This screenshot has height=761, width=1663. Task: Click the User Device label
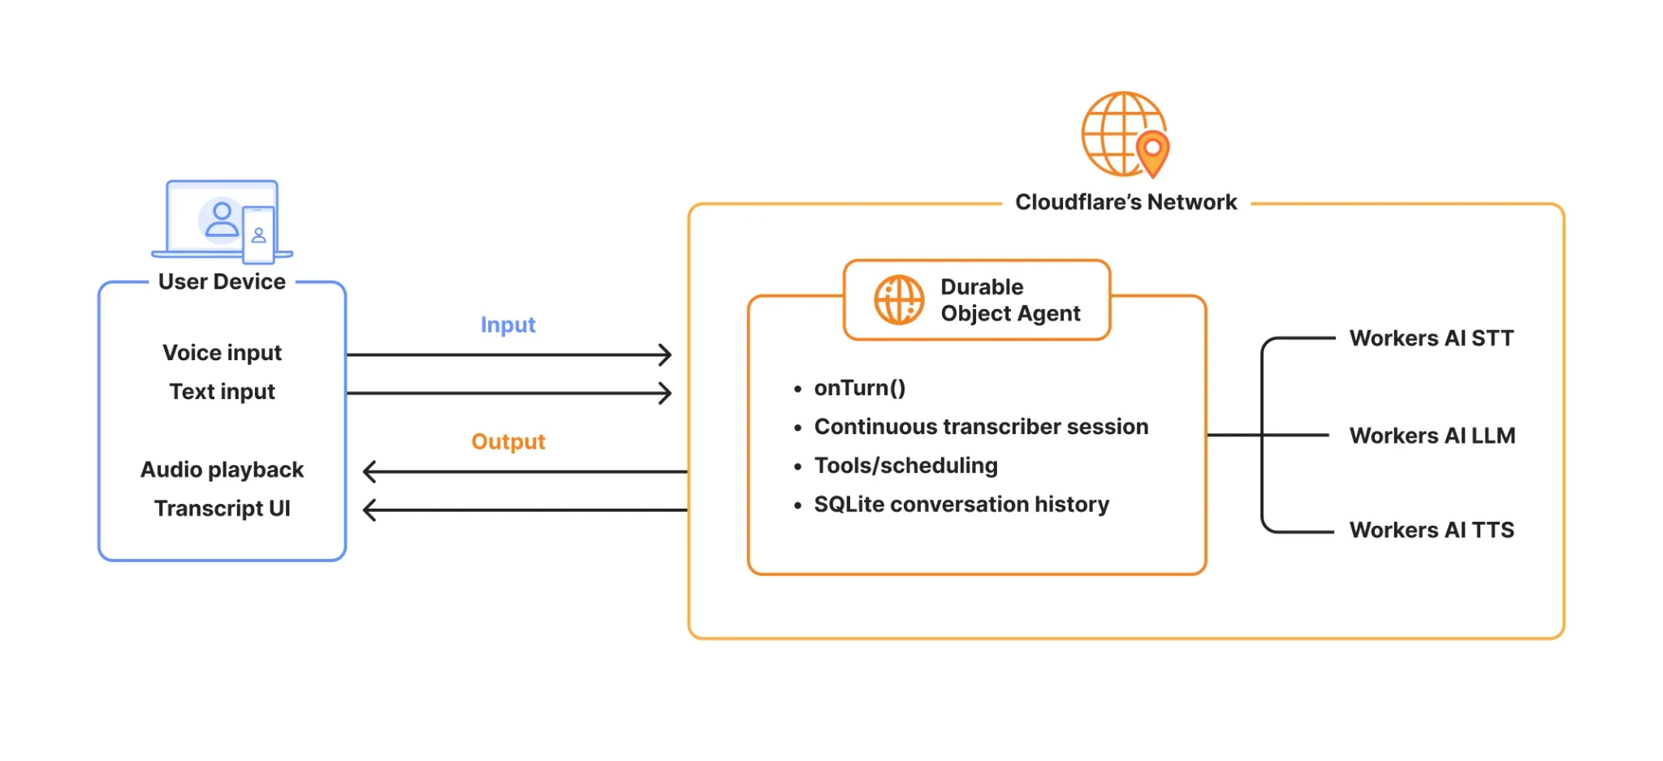pyautogui.click(x=222, y=282)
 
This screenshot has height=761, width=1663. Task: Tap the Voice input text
pyautogui.click(x=222, y=353)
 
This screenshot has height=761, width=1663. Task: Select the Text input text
pyautogui.click(x=222, y=392)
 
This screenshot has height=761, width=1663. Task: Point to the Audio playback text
pyautogui.click(x=222, y=470)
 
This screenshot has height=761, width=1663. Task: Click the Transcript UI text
pyautogui.click(x=222, y=509)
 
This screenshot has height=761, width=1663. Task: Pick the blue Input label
pyautogui.click(x=508, y=325)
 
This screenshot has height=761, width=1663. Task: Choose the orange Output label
pyautogui.click(x=508, y=441)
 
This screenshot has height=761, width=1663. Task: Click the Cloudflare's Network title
pyautogui.click(x=1125, y=202)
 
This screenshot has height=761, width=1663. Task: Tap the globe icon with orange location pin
pyautogui.click(x=1125, y=135)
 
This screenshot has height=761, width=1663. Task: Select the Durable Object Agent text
pyautogui.click(x=1010, y=300)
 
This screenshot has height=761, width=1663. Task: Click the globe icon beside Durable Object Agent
pyautogui.click(x=899, y=300)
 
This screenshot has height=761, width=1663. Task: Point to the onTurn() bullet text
pyautogui.click(x=859, y=388)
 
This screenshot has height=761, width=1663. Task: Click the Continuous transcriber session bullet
pyautogui.click(x=981, y=427)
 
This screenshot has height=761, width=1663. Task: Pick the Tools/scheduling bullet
pyautogui.click(x=905, y=466)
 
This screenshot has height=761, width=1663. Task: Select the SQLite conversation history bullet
pyautogui.click(x=961, y=505)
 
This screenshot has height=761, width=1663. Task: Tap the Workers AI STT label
pyautogui.click(x=1432, y=338)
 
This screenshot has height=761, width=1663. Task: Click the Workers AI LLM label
pyautogui.click(x=1432, y=436)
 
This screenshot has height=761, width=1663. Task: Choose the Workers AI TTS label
pyautogui.click(x=1432, y=531)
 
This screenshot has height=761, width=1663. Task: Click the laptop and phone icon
pyautogui.click(x=222, y=221)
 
